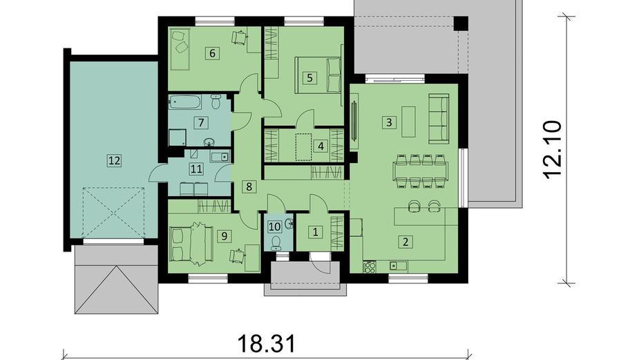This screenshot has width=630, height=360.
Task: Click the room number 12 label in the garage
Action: click(114, 161)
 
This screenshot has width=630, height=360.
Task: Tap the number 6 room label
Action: click(213, 53)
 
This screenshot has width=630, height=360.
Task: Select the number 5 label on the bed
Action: click(309, 77)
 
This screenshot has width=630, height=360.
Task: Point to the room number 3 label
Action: click(389, 122)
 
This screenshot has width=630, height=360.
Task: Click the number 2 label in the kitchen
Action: click(405, 241)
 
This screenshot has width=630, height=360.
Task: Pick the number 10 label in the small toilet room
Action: click(274, 227)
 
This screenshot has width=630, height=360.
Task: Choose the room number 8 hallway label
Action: click(249, 187)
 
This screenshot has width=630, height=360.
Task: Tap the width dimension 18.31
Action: click(267, 344)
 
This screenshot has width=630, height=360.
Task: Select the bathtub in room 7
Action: click(185, 102)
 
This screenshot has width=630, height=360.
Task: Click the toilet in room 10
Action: click(276, 243)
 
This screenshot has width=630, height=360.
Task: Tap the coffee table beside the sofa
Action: click(408, 122)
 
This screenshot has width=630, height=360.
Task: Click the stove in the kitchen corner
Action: click(369, 267)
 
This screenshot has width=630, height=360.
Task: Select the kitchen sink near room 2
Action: click(398, 265)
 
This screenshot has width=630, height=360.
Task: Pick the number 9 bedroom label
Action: click(224, 236)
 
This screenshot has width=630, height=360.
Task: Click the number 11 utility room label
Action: click(196, 169)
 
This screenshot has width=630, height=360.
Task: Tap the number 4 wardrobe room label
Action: click(321, 146)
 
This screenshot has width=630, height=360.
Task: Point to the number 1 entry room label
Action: click(316, 232)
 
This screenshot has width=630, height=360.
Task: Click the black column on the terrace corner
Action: click(461, 23)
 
